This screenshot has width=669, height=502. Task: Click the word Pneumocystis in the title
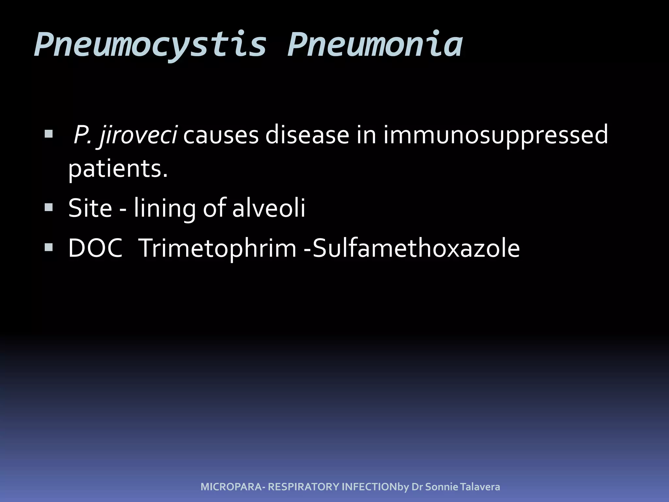(150, 45)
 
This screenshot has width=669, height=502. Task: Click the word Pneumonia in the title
(375, 45)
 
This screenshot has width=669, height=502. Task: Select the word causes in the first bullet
(221, 135)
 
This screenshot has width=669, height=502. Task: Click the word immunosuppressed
(496, 135)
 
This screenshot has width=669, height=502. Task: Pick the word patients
(118, 169)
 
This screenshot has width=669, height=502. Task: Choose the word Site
(90, 208)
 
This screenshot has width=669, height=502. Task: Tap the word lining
(165, 208)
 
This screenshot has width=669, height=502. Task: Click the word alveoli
(269, 208)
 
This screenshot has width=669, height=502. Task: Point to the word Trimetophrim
(217, 248)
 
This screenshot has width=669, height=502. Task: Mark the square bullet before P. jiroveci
(49, 134)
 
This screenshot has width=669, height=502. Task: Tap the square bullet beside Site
(49, 207)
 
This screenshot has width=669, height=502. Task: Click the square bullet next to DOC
(49, 247)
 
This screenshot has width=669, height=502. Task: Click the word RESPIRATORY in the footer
(303, 487)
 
